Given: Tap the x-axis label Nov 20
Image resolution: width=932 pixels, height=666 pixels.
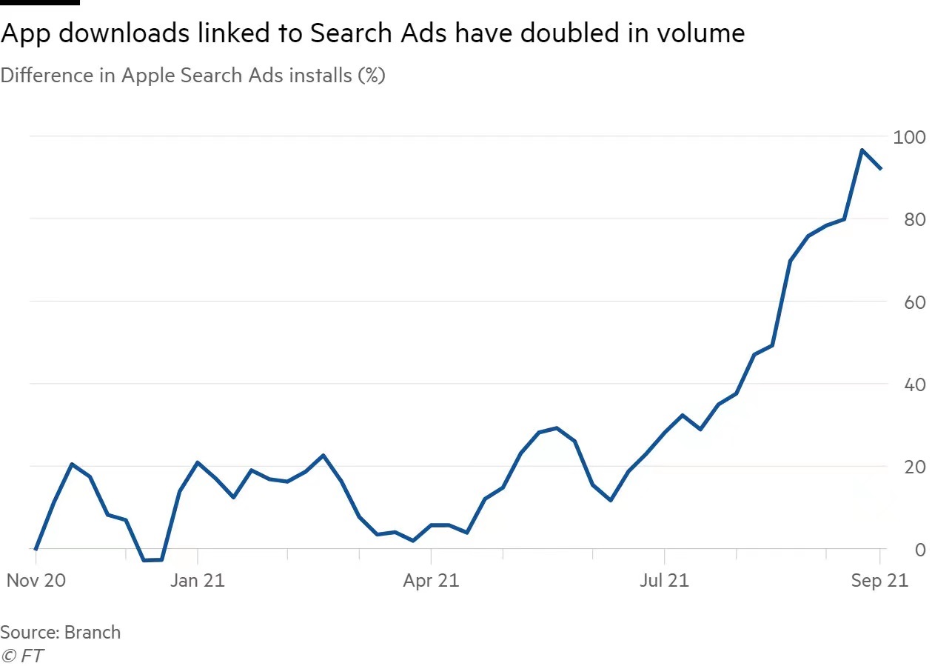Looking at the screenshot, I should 36,580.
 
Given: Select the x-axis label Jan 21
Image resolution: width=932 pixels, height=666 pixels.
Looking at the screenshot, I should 197,580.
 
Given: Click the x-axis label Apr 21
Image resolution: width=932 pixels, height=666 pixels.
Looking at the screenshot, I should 431,580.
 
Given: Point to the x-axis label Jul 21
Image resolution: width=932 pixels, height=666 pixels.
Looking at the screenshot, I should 664,580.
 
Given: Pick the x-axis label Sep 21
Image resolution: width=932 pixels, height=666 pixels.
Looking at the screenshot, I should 879,580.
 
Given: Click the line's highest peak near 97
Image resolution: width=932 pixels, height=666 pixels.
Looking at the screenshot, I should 862,150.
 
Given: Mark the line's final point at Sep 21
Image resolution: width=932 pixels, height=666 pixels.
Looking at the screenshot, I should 880,169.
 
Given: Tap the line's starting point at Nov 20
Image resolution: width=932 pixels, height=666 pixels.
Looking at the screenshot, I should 36,549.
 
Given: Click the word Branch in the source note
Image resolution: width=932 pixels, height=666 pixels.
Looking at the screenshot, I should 93,632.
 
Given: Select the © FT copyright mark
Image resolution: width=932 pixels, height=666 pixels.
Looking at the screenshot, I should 21,656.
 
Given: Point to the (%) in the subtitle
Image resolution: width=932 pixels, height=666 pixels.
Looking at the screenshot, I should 371,76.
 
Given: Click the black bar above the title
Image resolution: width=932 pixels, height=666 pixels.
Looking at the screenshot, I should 39,2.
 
